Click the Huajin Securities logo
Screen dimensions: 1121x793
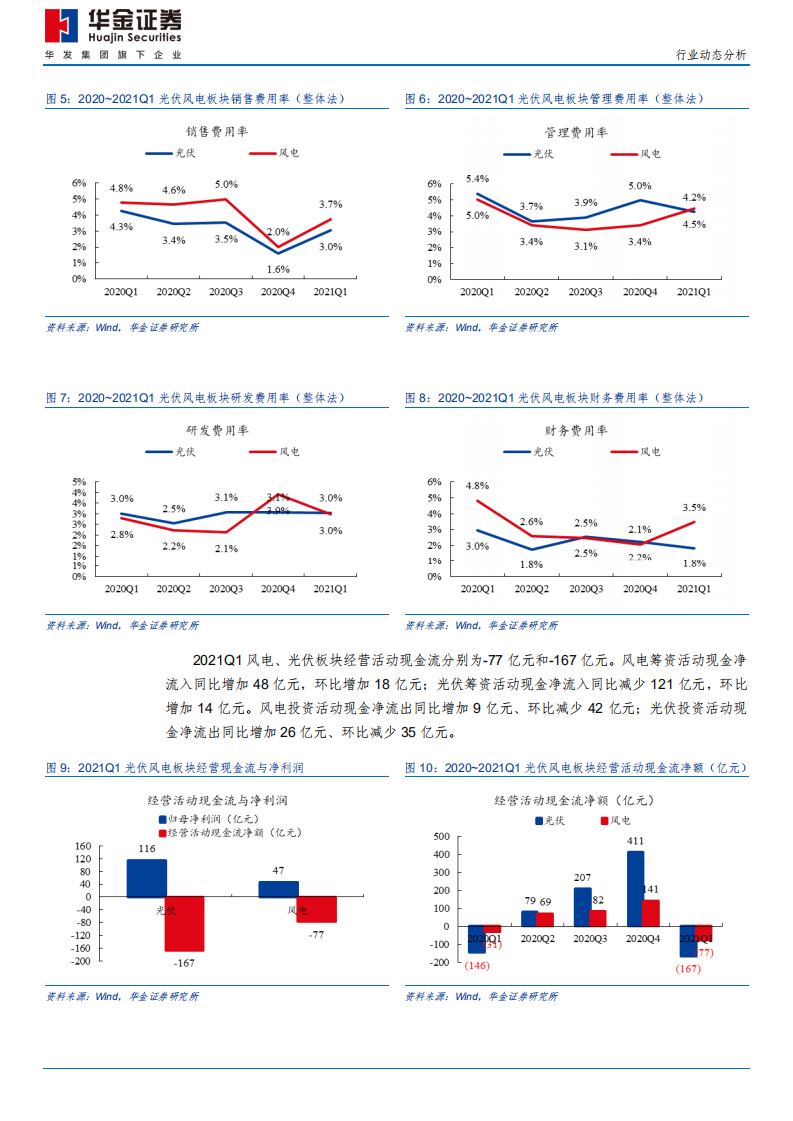[113, 25]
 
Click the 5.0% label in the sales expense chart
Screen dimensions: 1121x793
[226, 185]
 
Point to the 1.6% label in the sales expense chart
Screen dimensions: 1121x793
[278, 269]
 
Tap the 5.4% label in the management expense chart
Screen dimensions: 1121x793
[476, 178]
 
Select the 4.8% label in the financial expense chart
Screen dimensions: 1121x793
[476, 486]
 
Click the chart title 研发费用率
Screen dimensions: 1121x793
[217, 430]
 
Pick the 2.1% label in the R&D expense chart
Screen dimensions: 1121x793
[225, 548]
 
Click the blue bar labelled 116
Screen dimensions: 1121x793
[146, 878]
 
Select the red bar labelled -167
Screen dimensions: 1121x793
[185, 924]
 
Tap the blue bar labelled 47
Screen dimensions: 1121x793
[278, 889]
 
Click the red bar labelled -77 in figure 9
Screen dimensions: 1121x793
[316, 909]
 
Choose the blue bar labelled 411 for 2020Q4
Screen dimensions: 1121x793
[635, 888]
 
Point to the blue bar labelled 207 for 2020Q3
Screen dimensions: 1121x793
[582, 906]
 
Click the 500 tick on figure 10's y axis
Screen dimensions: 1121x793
[441, 836]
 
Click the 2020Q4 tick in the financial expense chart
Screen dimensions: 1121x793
[640, 590]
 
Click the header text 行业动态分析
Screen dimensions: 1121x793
[711, 55]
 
